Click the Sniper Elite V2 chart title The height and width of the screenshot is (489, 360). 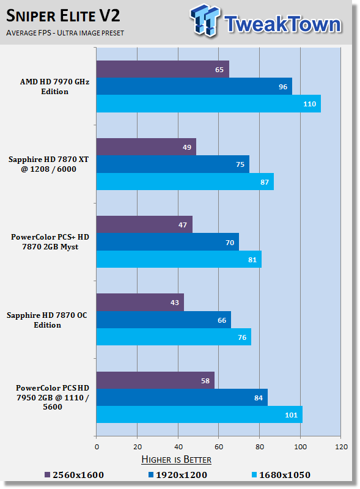63,16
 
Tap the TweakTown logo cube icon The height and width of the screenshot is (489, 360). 205,20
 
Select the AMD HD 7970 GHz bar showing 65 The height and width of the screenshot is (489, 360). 163,69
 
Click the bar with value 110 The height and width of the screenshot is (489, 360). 208,103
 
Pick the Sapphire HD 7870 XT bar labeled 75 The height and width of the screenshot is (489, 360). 173,164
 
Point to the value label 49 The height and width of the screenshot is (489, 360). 187,147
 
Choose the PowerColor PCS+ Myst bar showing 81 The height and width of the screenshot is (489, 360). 178,259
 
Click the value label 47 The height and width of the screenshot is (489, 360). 183,225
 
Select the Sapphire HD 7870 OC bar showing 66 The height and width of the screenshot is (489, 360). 164,320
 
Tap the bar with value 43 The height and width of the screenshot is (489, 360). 140,302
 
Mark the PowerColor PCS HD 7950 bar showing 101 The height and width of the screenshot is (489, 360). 199,414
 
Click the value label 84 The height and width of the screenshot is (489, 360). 259,398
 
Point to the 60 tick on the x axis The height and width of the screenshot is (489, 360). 219,447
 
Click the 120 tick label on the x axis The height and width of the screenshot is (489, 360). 341,447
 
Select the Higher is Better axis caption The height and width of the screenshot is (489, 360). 176,460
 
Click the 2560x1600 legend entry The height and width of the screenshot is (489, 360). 74,475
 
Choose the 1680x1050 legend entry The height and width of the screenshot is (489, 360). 281,475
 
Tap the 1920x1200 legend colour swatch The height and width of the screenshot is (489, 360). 151,475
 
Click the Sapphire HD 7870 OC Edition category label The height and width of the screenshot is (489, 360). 47,320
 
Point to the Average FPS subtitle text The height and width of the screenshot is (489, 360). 65,33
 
